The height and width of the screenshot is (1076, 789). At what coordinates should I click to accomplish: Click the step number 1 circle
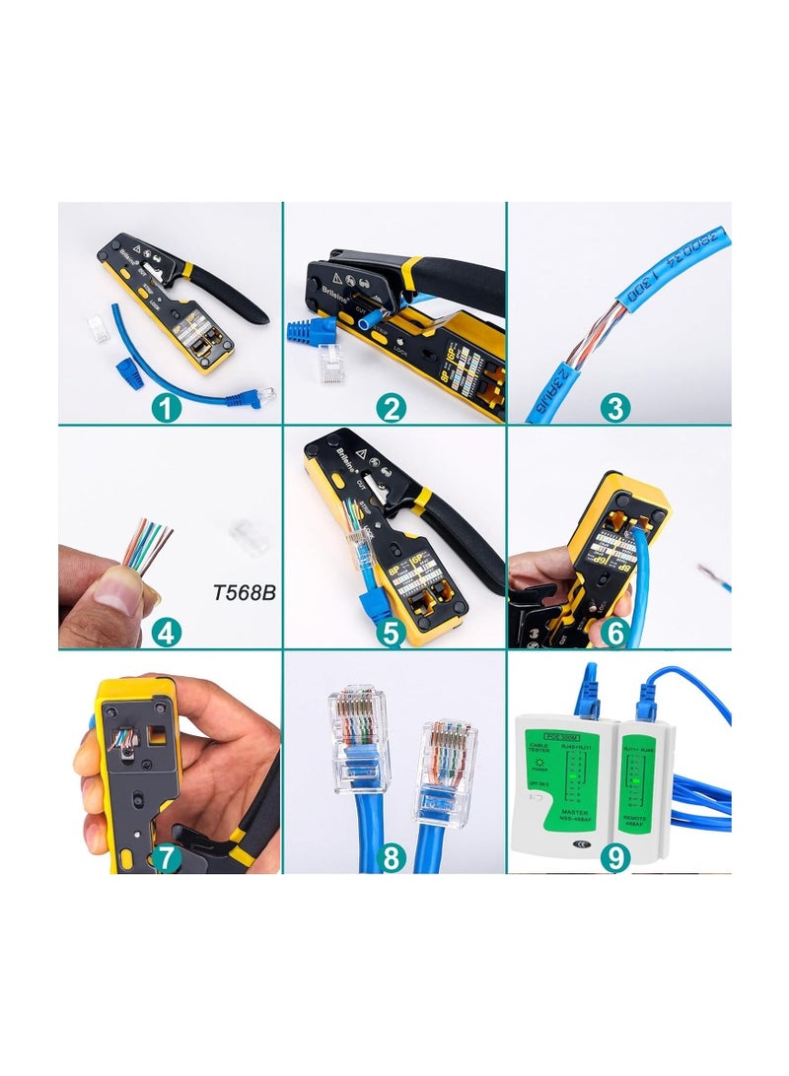pos(167,406)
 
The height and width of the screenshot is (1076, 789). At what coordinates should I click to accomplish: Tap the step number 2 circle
pos(392,406)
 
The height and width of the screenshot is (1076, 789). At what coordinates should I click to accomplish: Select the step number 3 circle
pos(615,406)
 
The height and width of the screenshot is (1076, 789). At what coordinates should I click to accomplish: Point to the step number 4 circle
pos(167,632)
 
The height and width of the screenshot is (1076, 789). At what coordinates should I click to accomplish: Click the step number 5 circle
pos(392,632)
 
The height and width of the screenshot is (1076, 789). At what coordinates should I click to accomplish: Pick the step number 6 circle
pos(615,632)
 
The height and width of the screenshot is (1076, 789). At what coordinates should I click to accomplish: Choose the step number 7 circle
pos(167,857)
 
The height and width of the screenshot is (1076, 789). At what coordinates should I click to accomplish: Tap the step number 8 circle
pos(392,857)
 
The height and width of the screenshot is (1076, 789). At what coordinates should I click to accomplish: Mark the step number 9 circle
pos(615,857)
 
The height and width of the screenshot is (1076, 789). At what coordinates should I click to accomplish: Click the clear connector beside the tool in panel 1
pos(98,330)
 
